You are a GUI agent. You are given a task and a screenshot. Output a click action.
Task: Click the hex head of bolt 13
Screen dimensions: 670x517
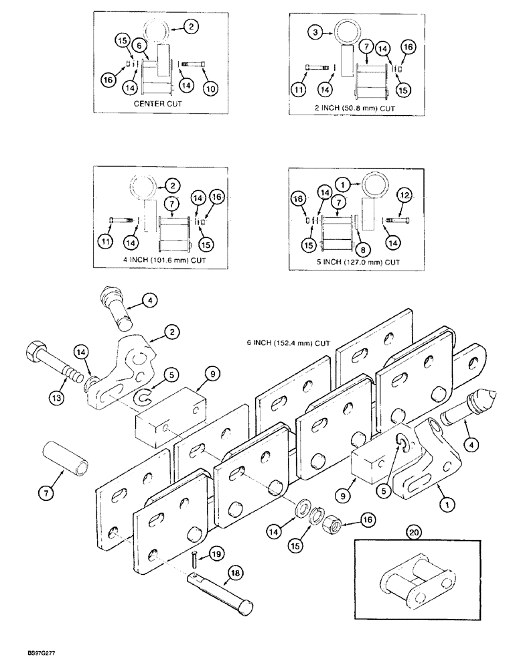35,354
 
